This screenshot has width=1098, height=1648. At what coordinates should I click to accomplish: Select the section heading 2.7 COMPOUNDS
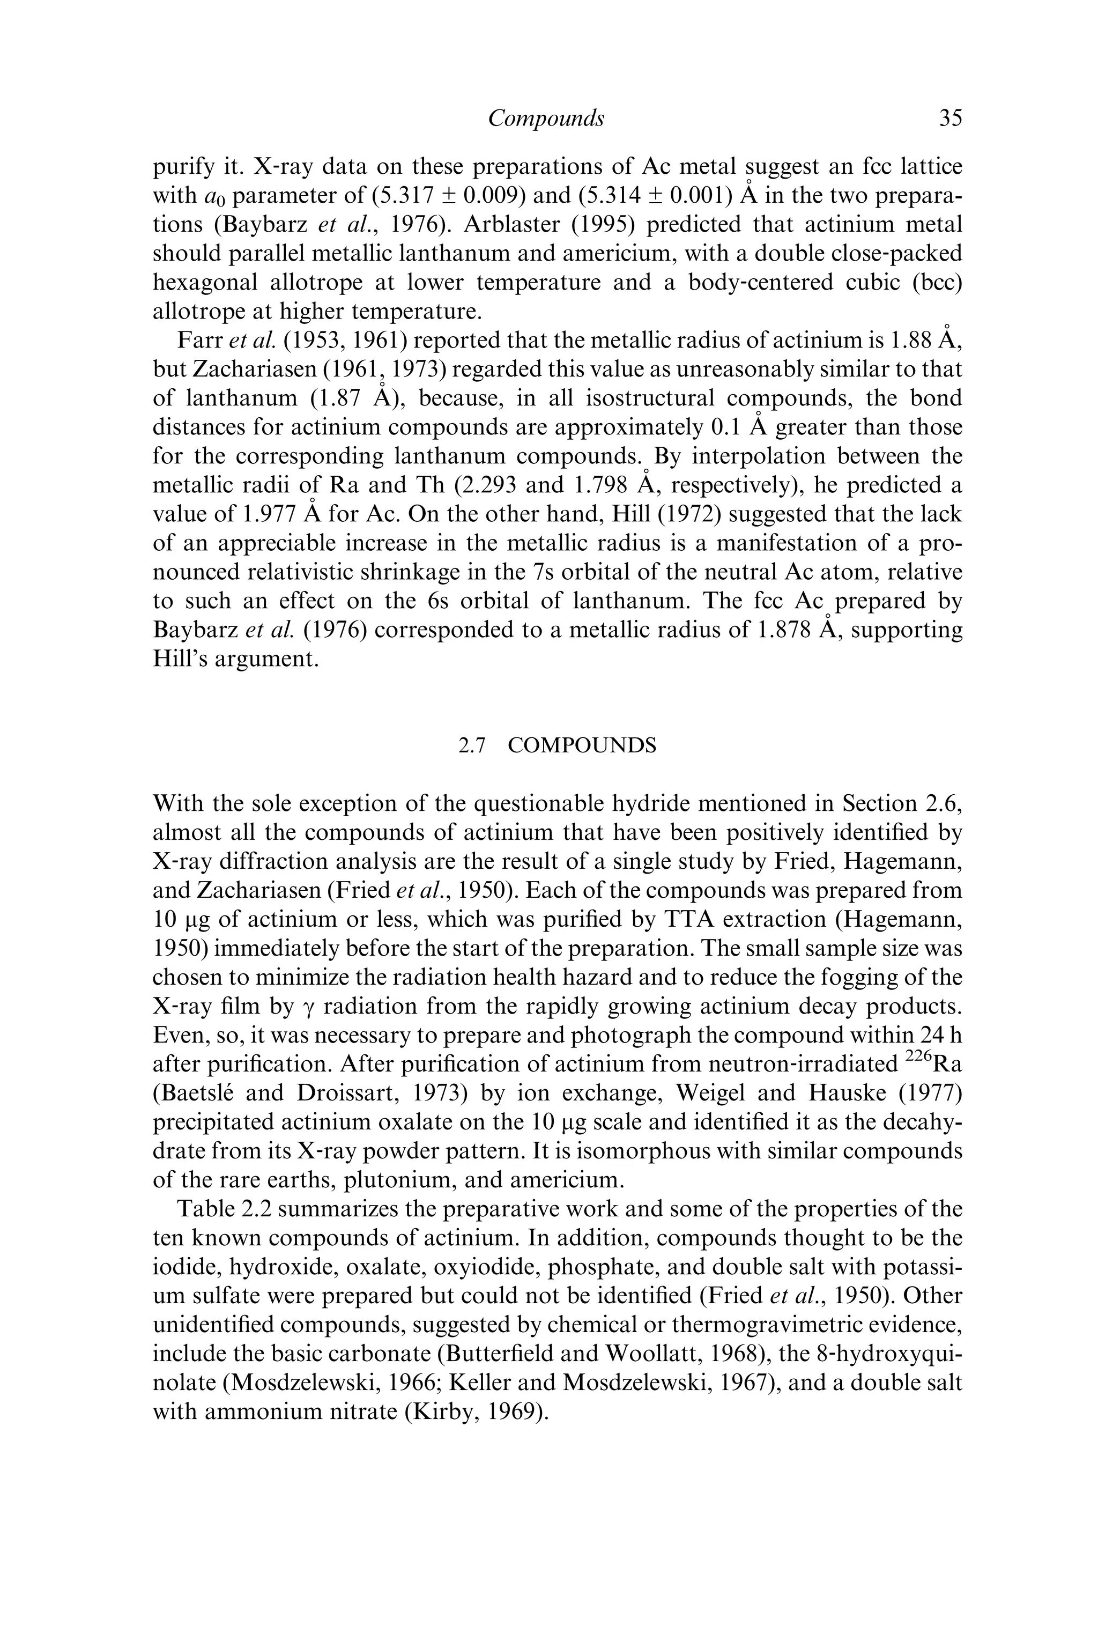(x=558, y=746)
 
